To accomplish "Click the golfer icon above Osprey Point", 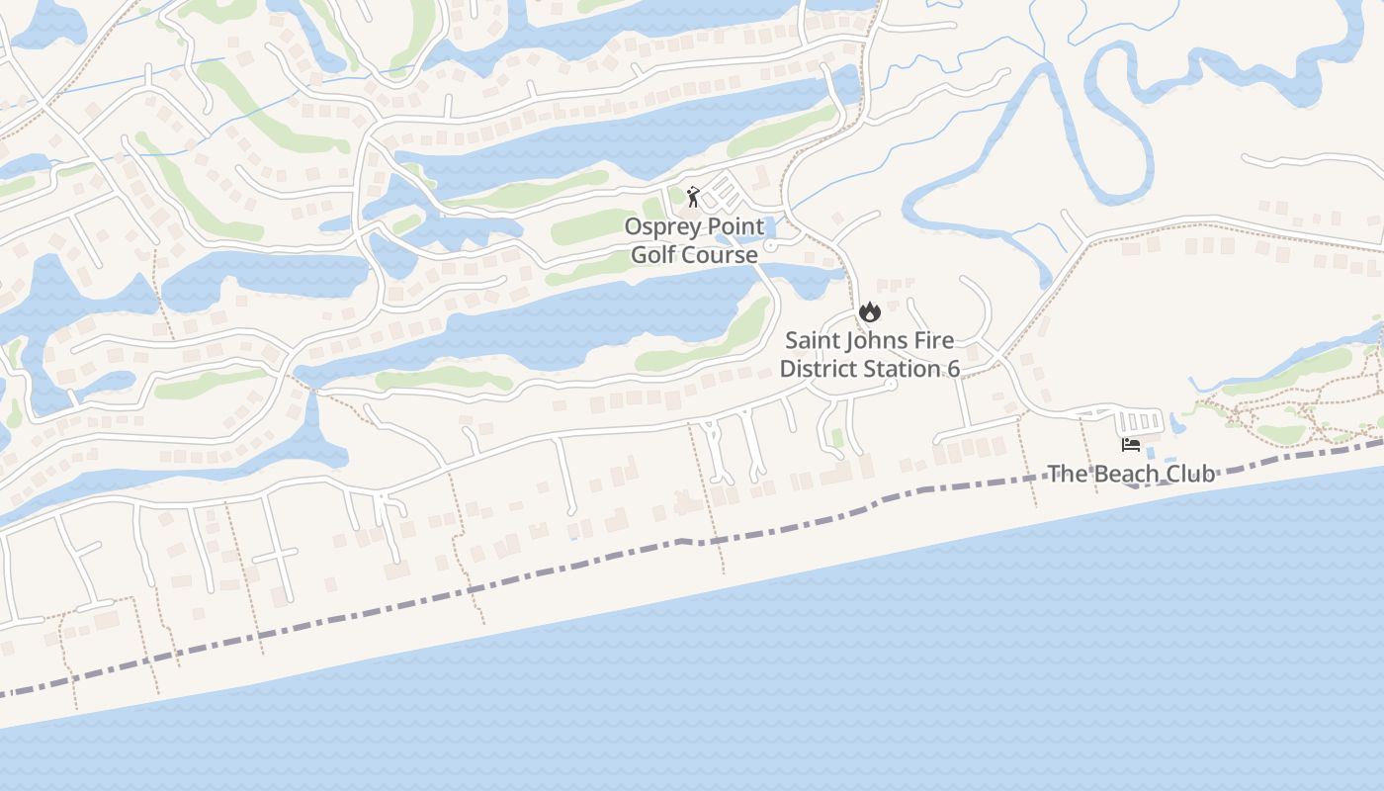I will (x=693, y=197).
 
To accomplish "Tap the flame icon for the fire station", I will (x=869, y=312).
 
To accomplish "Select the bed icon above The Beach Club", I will (x=1131, y=445).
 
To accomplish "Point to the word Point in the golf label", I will (x=735, y=227).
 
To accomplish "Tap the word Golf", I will (x=652, y=255).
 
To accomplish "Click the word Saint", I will (x=813, y=341).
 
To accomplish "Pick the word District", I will (x=818, y=370).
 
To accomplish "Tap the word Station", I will (x=901, y=370).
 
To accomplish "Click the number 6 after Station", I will (x=953, y=370).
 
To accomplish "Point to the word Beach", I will (x=1122, y=474).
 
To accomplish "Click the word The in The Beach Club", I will (x=1067, y=474).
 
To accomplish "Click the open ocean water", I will (x=890, y=672).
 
